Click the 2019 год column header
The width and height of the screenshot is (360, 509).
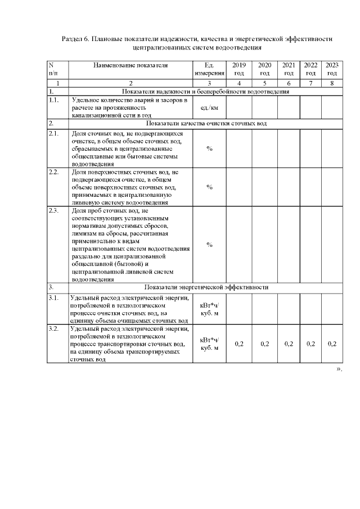click(239, 69)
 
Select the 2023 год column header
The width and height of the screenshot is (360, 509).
click(332, 69)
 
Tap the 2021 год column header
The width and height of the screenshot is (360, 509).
click(289, 69)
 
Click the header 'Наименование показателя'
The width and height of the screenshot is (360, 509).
click(131, 65)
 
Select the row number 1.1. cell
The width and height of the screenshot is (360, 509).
click(55, 100)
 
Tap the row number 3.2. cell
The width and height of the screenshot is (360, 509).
click(55, 328)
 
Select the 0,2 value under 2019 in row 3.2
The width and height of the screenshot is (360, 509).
click(239, 344)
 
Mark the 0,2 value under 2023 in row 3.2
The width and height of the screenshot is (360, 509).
click(332, 344)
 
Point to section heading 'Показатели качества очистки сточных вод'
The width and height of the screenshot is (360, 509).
click(206, 123)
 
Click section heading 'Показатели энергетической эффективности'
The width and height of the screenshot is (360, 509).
click(206, 287)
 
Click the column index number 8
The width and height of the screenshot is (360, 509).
click(332, 83)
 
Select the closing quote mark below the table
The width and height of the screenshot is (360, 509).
click(339, 370)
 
